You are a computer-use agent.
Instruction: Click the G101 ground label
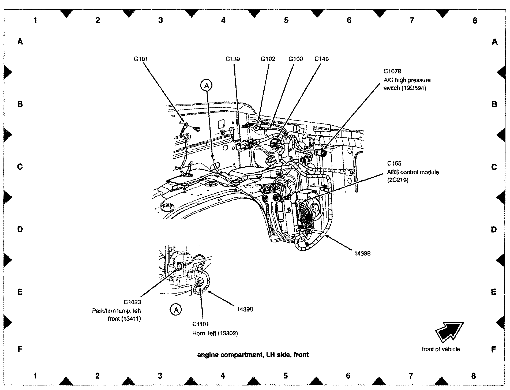tap(141, 59)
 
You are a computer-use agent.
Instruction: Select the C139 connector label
tap(232, 59)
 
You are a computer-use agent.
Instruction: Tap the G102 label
tap(268, 59)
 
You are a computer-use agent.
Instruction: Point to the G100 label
tap(295, 59)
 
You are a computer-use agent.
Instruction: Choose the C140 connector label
tap(321, 59)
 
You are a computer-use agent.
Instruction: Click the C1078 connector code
tap(392, 71)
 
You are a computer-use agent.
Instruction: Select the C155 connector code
tap(394, 163)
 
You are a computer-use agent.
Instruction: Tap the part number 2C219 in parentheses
tap(398, 180)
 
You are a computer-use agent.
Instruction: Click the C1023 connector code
tap(132, 302)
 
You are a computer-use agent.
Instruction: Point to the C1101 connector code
tap(200, 324)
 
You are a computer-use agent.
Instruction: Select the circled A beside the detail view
tap(176, 310)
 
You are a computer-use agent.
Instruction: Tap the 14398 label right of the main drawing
tap(362, 253)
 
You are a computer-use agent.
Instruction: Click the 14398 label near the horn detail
tap(245, 309)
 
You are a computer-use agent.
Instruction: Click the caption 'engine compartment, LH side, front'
tap(253, 355)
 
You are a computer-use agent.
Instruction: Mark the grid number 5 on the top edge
tap(286, 20)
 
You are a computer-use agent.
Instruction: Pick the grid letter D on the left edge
tap(20, 230)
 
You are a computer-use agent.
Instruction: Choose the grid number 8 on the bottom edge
tap(474, 376)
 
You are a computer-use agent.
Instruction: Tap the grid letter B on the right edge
tap(494, 104)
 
